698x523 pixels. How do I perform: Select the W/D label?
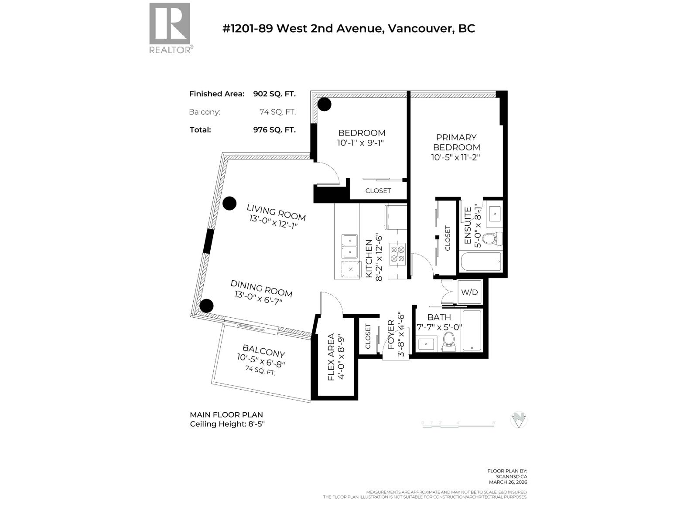tap(469, 292)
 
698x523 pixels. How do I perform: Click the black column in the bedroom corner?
tap(324, 104)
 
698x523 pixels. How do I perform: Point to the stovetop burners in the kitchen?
tap(397, 254)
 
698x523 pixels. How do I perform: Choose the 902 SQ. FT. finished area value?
tap(274, 94)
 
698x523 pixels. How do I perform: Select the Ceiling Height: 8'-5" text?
tap(227, 424)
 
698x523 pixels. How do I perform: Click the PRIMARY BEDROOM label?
tap(456, 143)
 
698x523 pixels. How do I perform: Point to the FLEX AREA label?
tap(331, 357)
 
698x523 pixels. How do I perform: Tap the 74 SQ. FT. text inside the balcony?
tap(260, 371)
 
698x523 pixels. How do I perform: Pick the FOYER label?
tap(391, 334)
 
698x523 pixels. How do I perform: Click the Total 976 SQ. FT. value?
tap(274, 130)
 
